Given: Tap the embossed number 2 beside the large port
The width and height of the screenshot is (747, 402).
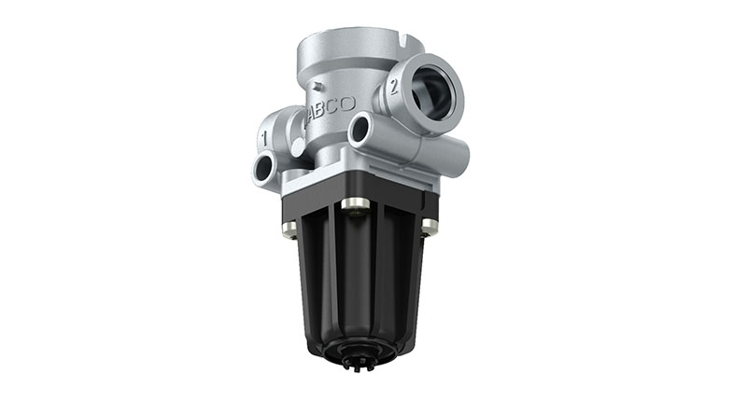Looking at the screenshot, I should click(394, 90).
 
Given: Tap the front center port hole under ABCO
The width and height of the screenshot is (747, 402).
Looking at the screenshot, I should click(361, 132).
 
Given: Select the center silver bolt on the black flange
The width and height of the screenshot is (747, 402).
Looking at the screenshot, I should click(353, 204).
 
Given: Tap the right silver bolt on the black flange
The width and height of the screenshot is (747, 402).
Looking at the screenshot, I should click(430, 224).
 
